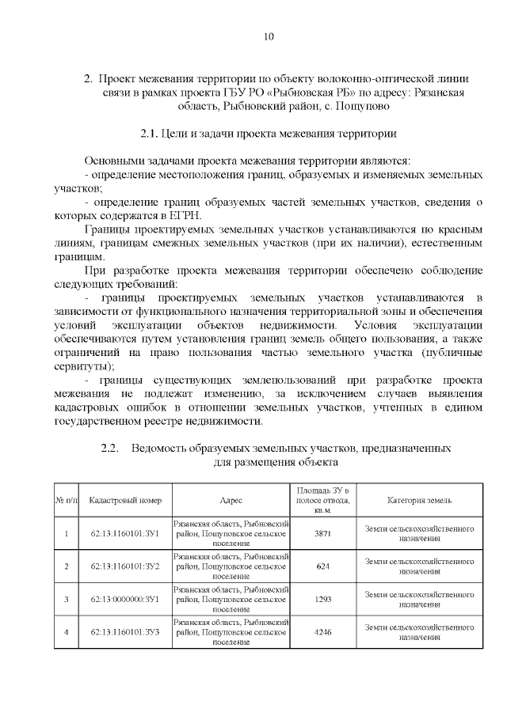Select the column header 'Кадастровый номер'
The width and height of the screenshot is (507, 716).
[125, 501]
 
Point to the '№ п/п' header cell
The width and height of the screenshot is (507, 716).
[66, 501]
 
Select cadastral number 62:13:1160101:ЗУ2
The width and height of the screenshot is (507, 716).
[125, 566]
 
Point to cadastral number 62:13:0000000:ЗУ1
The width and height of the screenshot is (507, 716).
[125, 600]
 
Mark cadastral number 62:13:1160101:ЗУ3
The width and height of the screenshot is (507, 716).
[125, 633]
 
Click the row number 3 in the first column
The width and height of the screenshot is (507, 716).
[66, 600]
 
